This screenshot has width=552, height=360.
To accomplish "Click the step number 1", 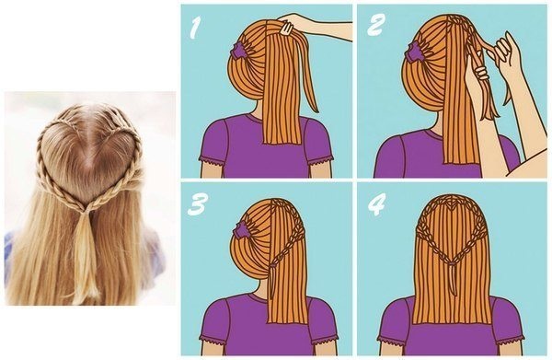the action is point(195,29).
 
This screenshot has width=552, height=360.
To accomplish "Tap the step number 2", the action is point(375,27).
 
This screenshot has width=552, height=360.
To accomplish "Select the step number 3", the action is point(196,204).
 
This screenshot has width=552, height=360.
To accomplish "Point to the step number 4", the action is point(376,204).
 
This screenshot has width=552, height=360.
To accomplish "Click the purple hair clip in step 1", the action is point(238,50).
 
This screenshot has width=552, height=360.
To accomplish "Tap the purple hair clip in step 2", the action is point(416,51).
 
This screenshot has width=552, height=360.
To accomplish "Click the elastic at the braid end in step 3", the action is point(272,265).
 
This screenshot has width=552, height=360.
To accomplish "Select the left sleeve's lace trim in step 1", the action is point(212,160).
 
